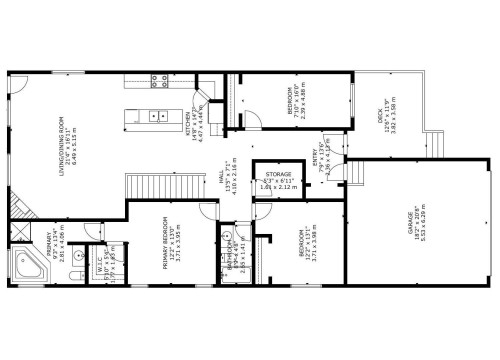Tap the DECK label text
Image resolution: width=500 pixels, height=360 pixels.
click(380, 118)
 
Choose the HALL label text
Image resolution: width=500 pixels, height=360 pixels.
click(220, 181)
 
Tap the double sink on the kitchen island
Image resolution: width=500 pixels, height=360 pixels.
click(157, 117)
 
